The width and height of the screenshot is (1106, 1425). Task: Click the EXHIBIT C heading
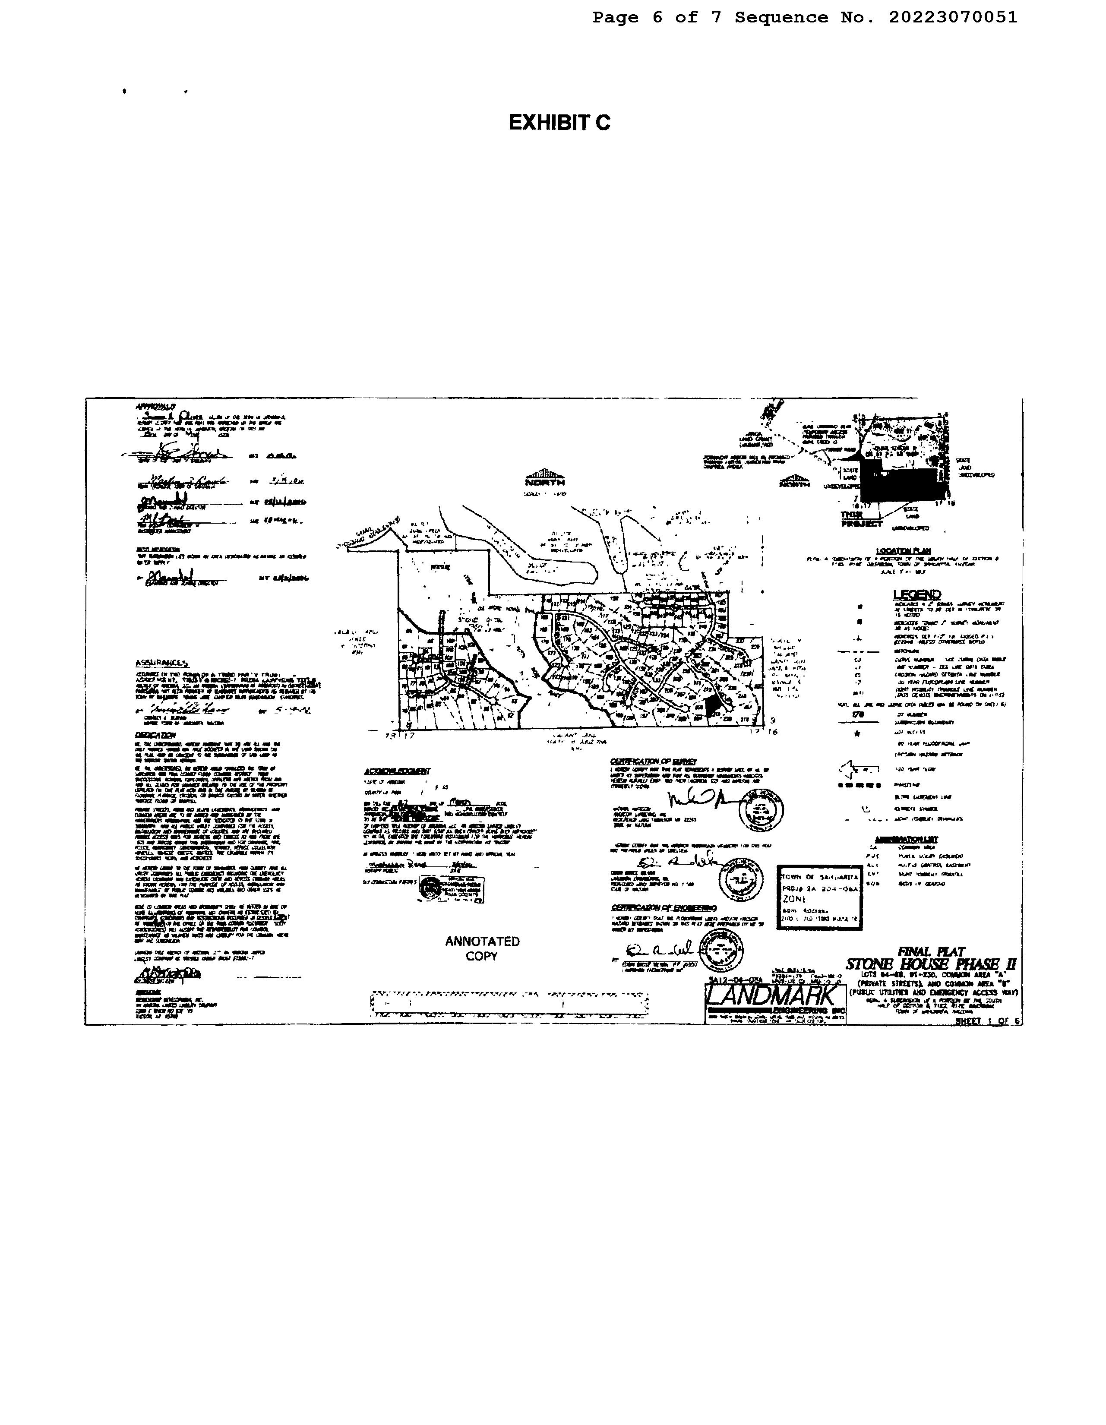point(559,123)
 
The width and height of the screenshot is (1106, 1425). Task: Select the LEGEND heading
point(917,594)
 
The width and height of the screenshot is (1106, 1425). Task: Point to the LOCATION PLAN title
point(903,551)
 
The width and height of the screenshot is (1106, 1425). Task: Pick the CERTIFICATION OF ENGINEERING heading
point(663,907)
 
